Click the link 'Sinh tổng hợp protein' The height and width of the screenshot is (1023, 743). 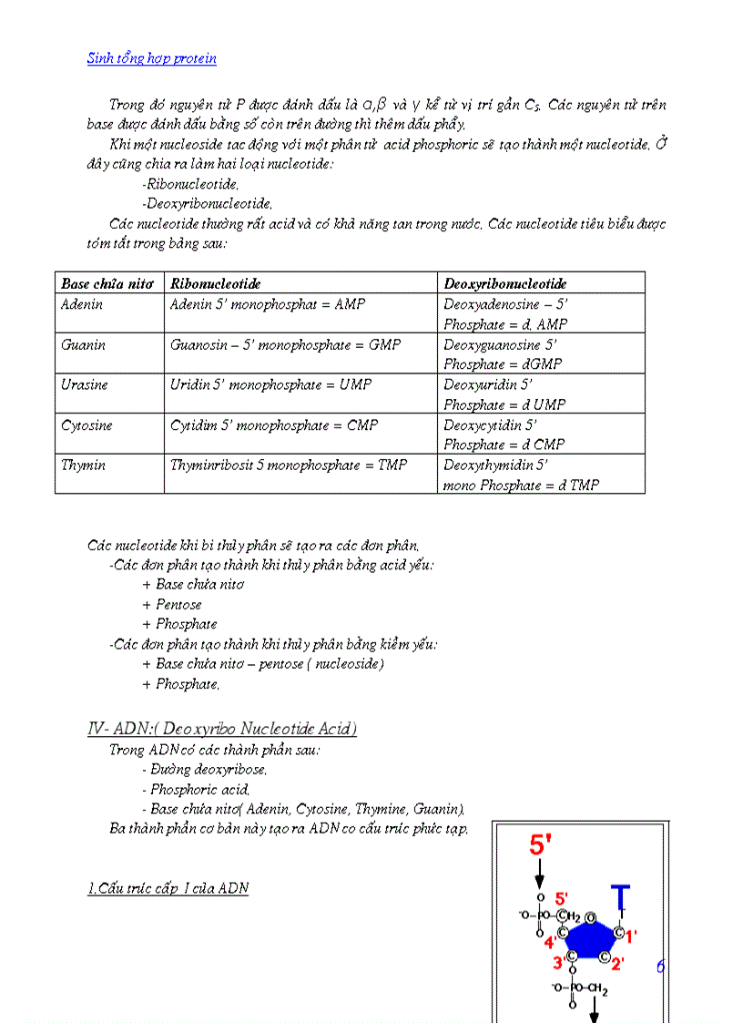152,59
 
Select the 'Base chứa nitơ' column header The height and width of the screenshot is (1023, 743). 107,283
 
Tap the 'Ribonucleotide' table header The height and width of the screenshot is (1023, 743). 216,283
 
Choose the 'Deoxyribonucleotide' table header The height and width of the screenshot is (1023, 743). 505,283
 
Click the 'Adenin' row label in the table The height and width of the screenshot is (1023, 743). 82,304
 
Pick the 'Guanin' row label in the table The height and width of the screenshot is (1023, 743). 83,345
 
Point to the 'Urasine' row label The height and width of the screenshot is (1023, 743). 85,384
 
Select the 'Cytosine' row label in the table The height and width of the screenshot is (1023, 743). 87,425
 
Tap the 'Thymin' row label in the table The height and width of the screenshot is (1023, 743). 83,465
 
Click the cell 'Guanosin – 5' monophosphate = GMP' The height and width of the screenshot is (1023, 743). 286,345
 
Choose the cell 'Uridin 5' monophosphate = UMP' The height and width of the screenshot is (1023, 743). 271,384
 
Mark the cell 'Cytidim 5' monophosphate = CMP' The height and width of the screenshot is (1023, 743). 274,425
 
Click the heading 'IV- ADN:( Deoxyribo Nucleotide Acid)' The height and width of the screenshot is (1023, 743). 222,729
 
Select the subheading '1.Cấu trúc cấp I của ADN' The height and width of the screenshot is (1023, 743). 168,888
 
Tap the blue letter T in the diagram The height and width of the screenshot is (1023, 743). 620,896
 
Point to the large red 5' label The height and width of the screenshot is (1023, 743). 540,845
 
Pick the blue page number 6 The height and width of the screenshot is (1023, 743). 660,967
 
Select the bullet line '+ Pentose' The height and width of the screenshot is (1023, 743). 172,604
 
